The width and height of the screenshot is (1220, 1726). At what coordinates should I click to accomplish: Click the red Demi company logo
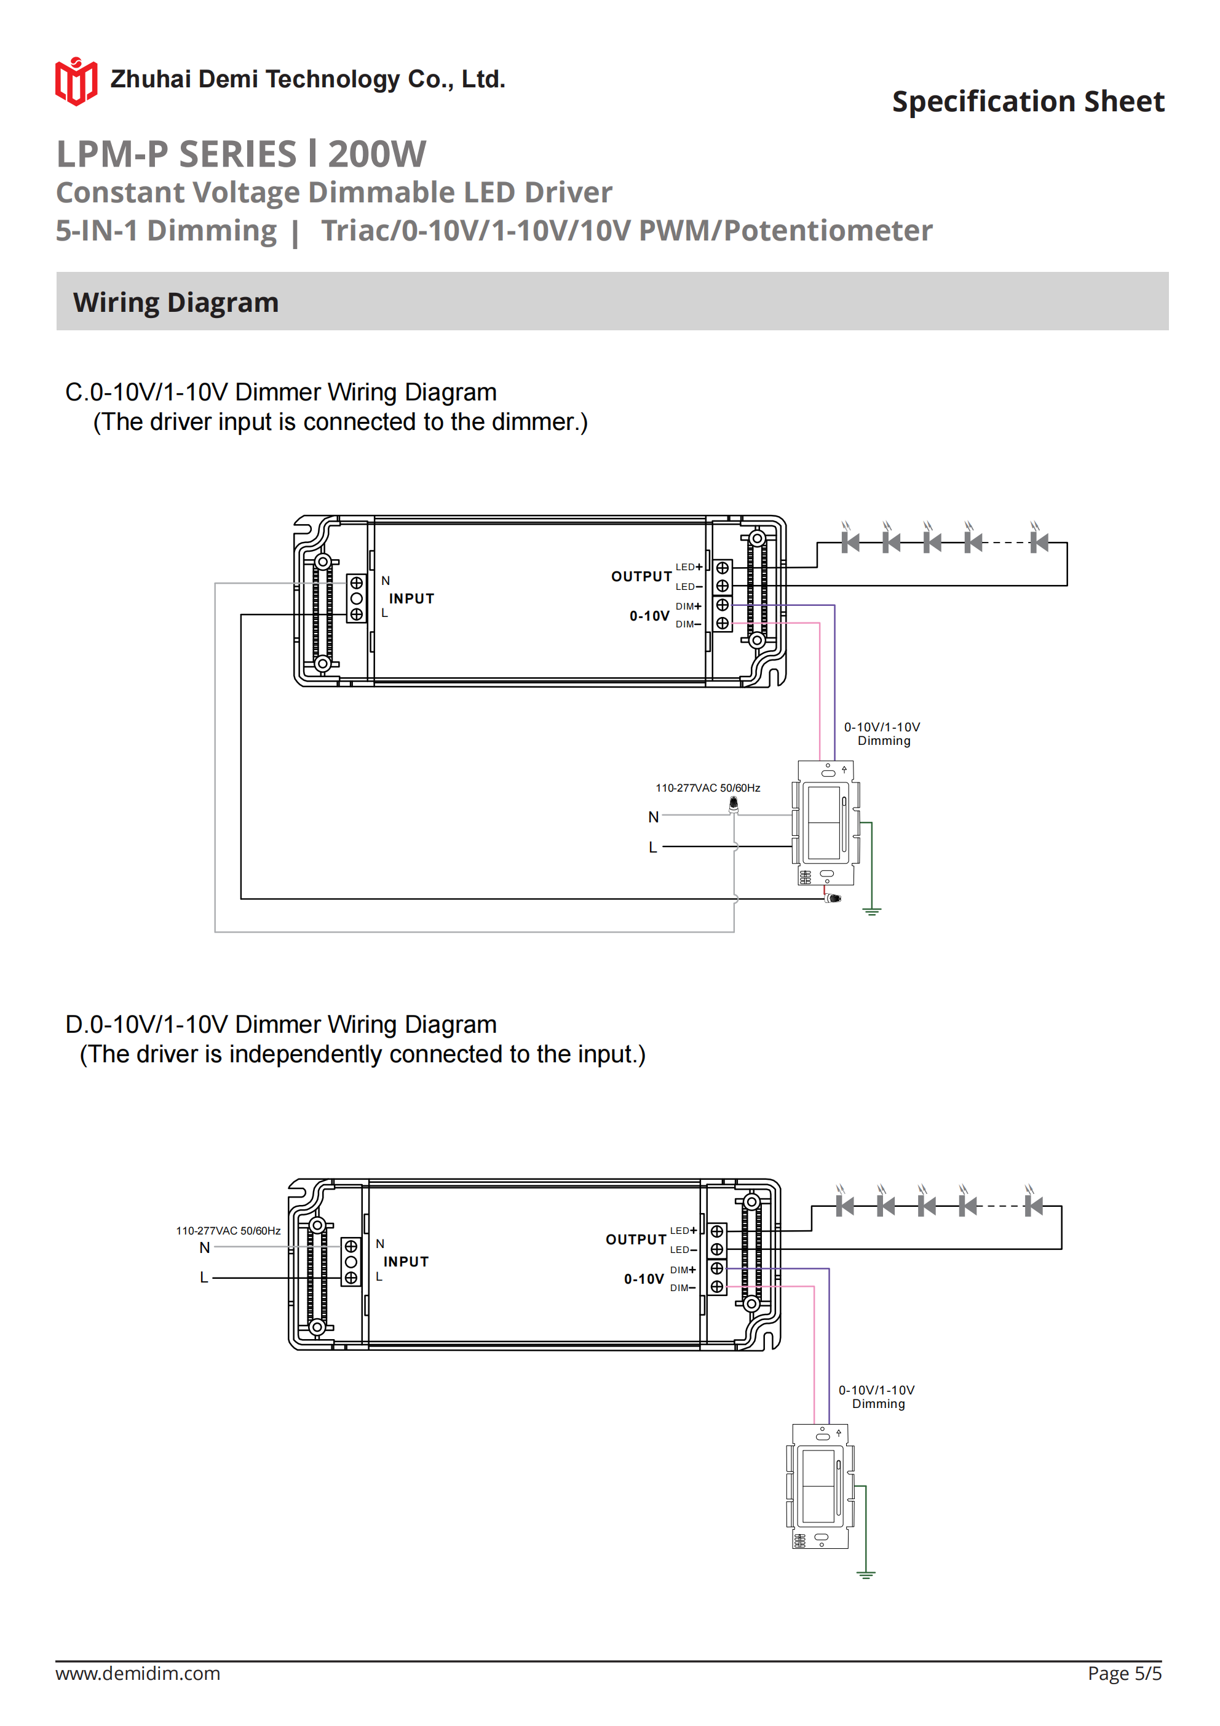76,81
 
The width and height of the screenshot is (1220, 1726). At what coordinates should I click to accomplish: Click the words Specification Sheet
1028,101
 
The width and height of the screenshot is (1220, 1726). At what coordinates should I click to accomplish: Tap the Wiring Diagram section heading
176,302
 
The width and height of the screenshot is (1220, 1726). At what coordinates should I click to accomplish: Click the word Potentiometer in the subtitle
828,231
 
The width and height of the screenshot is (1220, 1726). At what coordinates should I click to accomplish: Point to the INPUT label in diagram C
411,599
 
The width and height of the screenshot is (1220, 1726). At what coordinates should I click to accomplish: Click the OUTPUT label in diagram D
636,1239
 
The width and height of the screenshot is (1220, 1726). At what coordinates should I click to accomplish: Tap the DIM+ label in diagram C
688,606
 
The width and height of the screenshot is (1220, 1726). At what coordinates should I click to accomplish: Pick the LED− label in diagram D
683,1249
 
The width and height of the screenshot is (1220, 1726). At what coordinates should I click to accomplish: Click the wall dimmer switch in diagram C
825,824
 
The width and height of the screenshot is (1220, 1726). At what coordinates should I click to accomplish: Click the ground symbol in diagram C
871,911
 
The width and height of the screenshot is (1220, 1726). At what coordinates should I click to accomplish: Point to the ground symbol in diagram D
866,1574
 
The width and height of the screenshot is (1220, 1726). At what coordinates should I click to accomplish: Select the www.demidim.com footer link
138,1673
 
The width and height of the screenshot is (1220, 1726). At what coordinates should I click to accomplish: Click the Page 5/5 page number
1124,1673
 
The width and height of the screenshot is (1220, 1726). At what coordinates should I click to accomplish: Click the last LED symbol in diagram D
1034,1206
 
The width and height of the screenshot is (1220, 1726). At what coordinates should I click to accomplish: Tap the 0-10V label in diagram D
643,1279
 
